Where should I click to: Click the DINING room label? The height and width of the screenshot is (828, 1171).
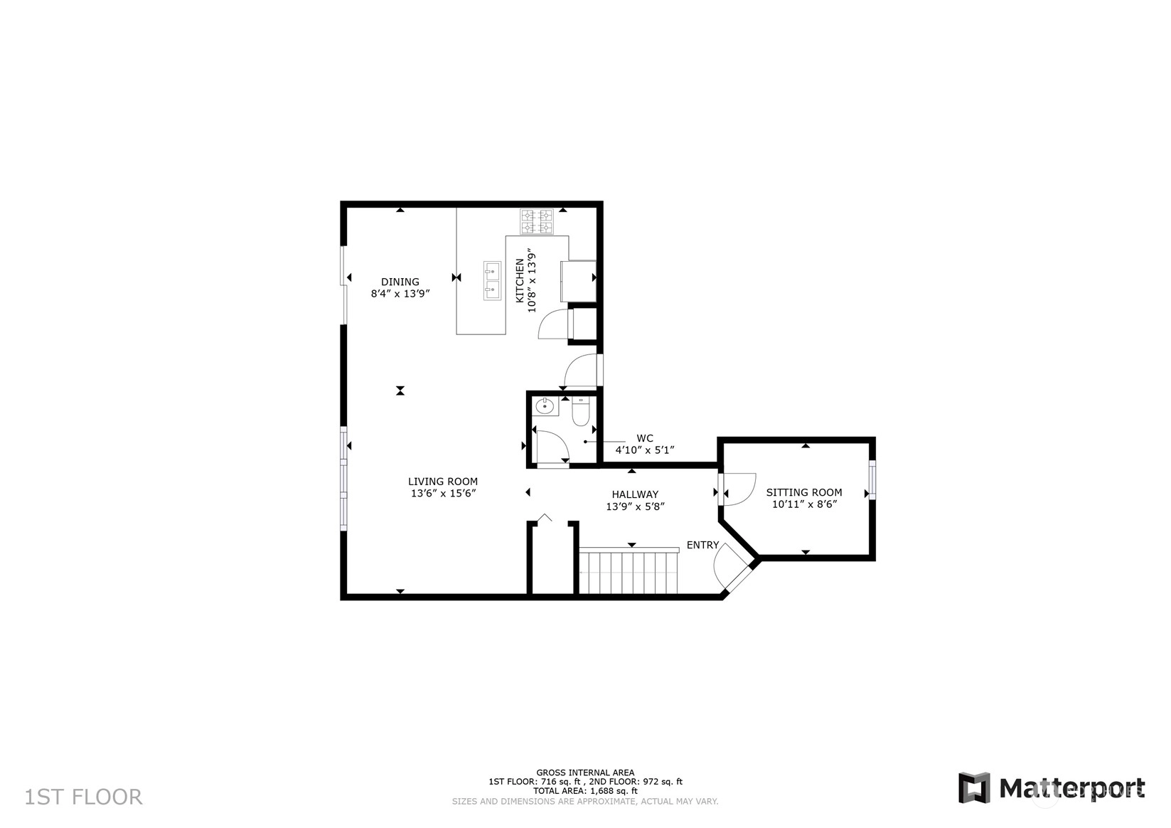click(x=400, y=282)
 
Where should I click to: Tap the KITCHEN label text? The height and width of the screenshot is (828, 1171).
click(x=520, y=280)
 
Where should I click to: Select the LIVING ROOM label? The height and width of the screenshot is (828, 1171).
click(x=443, y=481)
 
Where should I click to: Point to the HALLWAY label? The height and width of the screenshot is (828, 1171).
click(x=635, y=494)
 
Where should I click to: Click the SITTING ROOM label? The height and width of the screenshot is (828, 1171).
click(x=804, y=492)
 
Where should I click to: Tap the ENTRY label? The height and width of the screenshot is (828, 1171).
click(x=702, y=545)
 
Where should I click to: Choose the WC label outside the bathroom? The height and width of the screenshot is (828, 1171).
click(x=645, y=438)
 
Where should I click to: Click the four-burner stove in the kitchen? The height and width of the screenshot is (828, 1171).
click(x=536, y=221)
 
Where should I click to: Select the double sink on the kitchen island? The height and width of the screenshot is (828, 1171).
click(x=492, y=281)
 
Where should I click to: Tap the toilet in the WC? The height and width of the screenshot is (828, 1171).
click(x=580, y=410)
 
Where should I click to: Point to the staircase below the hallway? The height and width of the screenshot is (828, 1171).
click(x=629, y=570)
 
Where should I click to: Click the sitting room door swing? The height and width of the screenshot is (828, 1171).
click(x=738, y=489)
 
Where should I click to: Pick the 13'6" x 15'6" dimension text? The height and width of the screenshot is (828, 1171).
click(x=443, y=493)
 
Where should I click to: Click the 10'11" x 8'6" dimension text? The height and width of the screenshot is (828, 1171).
click(x=805, y=504)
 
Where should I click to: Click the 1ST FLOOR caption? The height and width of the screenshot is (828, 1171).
click(x=84, y=797)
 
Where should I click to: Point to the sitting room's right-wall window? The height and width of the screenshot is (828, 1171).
click(x=872, y=479)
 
